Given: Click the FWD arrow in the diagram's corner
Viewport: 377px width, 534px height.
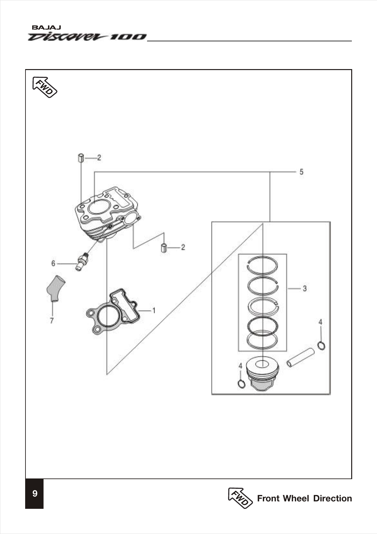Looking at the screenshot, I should click(x=45, y=87).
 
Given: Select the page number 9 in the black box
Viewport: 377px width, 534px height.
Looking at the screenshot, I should click(x=35, y=493).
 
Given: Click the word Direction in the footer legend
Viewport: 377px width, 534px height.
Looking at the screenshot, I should click(x=332, y=498).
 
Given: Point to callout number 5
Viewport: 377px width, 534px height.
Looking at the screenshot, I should click(x=301, y=172).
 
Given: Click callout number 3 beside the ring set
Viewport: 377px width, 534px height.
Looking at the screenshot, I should click(x=304, y=288).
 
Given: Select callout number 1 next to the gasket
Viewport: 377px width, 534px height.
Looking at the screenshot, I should click(x=154, y=311).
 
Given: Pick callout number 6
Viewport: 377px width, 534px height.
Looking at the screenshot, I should click(x=53, y=263).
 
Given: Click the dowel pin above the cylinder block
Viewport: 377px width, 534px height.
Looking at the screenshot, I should click(x=80, y=158).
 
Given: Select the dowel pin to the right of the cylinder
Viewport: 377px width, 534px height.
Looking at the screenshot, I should click(x=164, y=248).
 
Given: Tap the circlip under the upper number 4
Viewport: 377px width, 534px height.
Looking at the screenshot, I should click(x=321, y=345).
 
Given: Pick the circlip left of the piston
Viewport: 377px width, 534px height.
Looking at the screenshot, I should click(x=241, y=384).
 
